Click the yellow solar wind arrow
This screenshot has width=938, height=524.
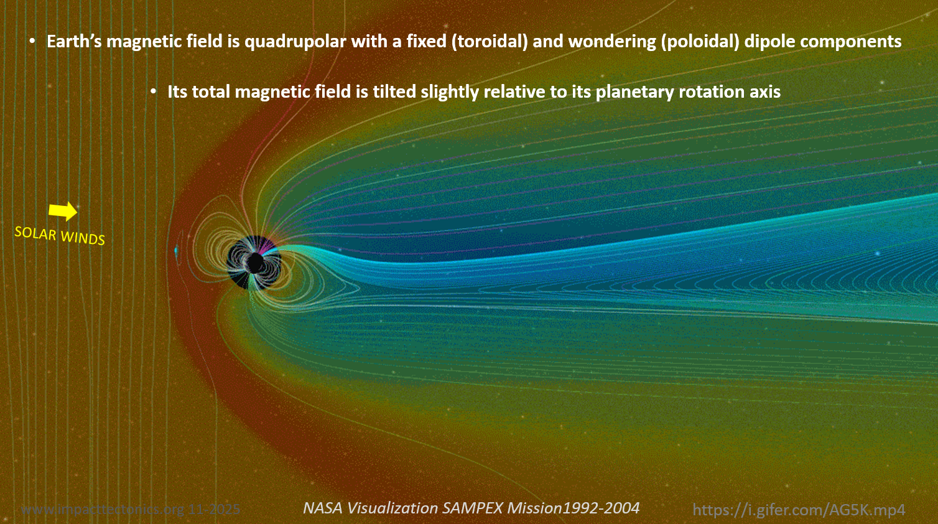63,211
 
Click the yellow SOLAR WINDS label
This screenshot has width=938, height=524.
60,235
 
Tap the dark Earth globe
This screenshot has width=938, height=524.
254,263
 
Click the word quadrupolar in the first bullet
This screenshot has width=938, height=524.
295,42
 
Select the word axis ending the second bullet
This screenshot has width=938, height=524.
764,92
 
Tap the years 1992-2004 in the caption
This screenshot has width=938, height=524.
601,508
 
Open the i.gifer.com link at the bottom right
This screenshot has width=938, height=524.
799,510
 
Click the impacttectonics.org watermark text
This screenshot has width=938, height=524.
130,510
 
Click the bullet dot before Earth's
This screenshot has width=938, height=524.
32,42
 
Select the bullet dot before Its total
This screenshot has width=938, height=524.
153,92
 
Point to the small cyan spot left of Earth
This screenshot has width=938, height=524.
176,251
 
